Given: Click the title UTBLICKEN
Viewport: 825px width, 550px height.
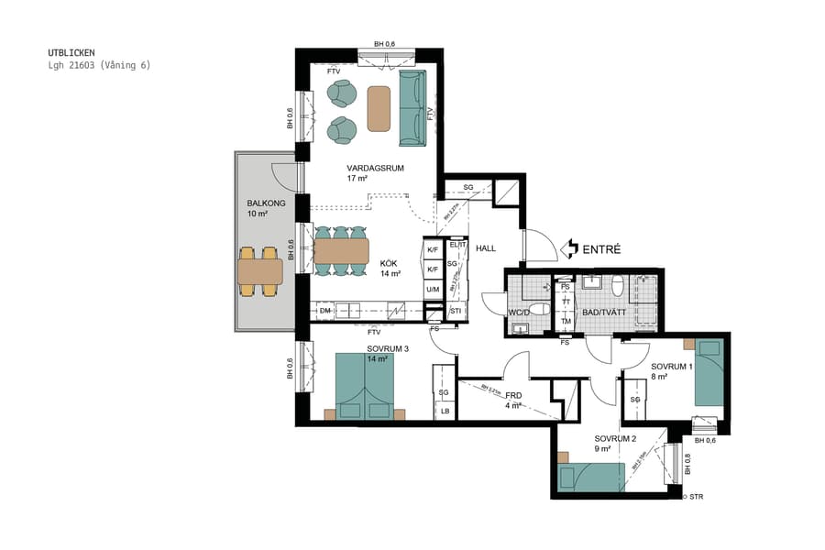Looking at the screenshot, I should pos(71,53).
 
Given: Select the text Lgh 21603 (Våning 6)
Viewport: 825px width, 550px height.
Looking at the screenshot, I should pos(99,65).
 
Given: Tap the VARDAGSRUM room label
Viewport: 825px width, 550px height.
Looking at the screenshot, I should pos(375,169).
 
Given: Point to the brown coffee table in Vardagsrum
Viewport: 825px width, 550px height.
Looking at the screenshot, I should pos(379,108).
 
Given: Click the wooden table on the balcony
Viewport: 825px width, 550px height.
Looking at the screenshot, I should pos(260,271).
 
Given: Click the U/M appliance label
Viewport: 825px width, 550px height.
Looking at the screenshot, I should pos(433,290).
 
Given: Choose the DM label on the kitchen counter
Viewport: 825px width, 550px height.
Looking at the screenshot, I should pos(324,311).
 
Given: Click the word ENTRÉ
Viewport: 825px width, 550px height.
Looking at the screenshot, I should pos(602,248).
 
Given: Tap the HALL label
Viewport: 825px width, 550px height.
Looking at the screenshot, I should pos(485,248).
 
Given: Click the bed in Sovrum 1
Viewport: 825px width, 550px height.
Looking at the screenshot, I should pos(709,372).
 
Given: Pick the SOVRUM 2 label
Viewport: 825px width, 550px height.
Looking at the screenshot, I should pos(615,439).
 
